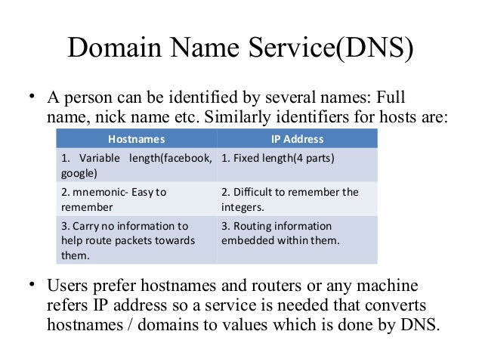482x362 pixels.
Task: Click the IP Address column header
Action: coord(297,139)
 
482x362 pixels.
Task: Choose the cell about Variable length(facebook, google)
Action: coord(136,166)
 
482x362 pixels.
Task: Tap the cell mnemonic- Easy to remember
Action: coord(136,199)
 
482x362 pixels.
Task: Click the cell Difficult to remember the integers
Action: coord(297,199)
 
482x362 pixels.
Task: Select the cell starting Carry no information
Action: coord(136,240)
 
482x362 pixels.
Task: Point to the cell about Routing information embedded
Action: coord(297,233)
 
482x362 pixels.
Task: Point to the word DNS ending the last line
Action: coord(418,326)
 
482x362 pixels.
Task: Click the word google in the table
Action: coord(75,172)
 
